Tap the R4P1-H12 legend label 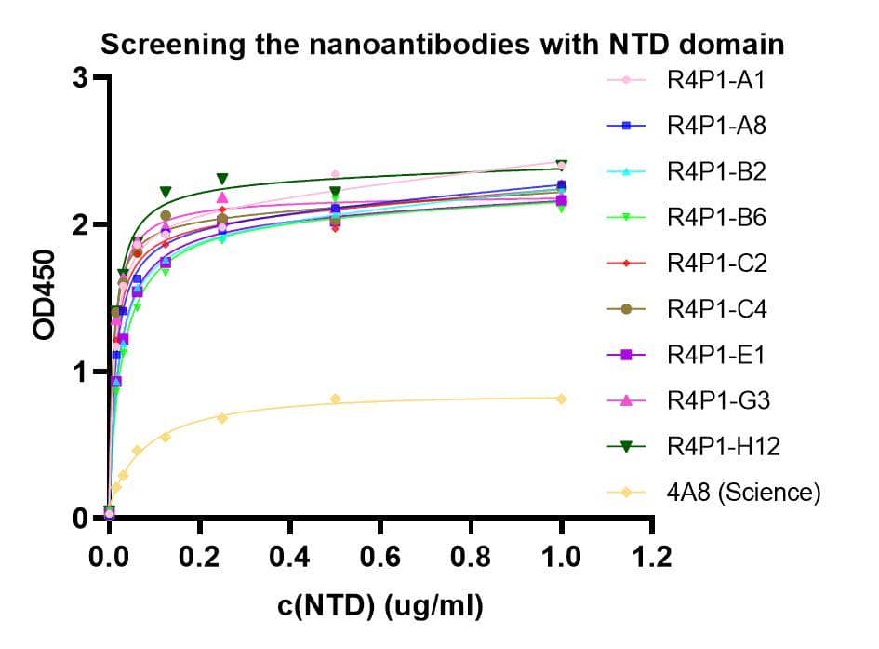723,446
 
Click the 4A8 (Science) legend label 743,493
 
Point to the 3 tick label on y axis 81,77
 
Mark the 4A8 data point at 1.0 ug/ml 561,399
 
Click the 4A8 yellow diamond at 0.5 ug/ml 335,399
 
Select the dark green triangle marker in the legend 626,447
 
